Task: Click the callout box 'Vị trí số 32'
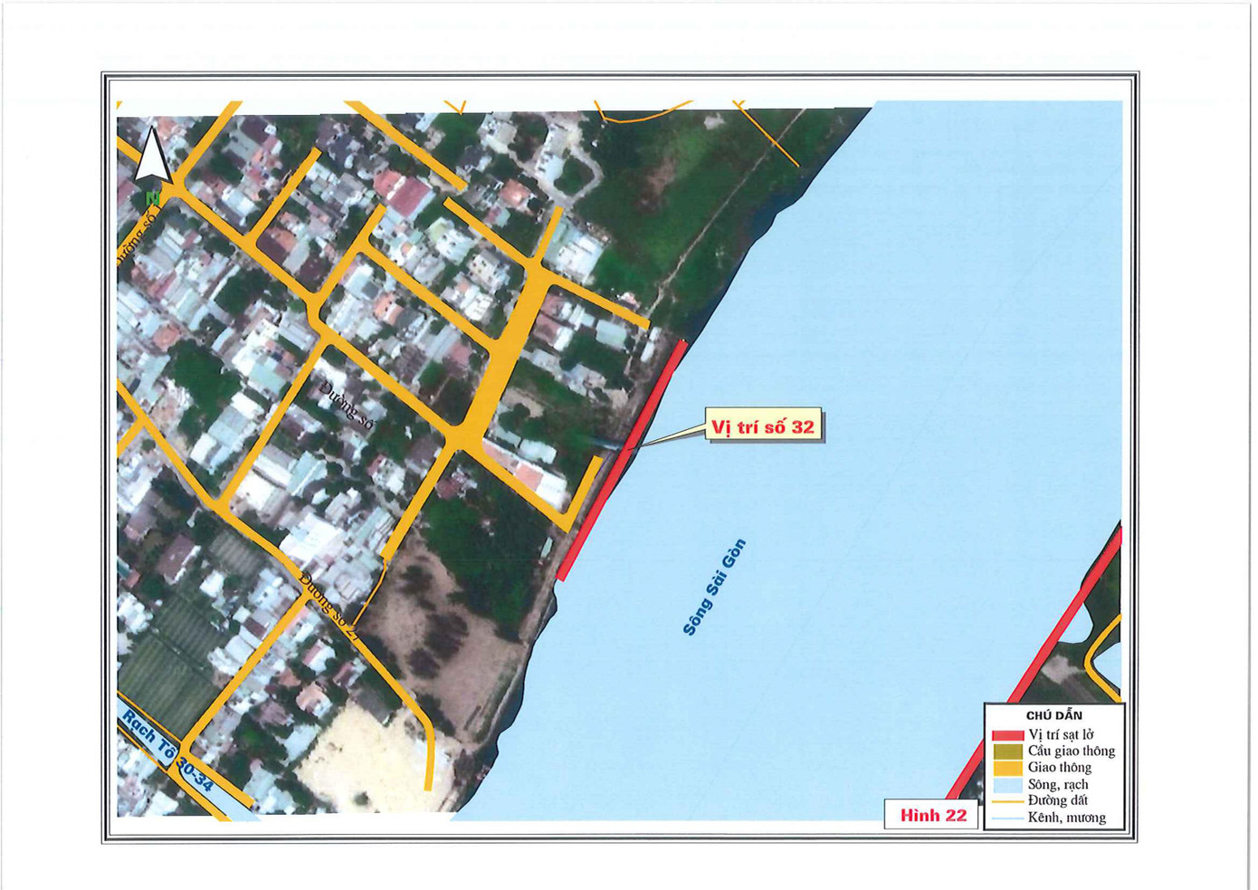[x=764, y=426]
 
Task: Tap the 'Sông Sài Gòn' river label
[x=714, y=587]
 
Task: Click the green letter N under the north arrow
[x=152, y=196]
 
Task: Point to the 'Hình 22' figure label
[x=932, y=815]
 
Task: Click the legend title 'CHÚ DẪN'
[x=1053, y=715]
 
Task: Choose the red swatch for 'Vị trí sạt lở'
[x=1007, y=735]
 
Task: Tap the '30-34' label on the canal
[x=196, y=776]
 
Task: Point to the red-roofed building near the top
[x=408, y=195]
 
